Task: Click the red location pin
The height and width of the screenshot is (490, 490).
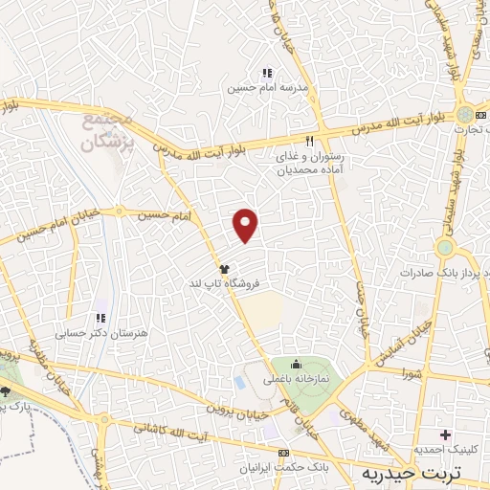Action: (x=246, y=224)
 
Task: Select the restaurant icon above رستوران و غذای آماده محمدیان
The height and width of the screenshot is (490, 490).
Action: (x=309, y=141)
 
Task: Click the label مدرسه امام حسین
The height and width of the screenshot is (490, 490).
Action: (x=254, y=88)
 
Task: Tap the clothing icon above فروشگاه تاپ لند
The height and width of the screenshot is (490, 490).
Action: (x=224, y=270)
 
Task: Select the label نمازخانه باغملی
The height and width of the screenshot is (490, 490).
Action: (x=296, y=380)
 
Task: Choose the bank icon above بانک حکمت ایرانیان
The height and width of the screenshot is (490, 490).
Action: (x=282, y=453)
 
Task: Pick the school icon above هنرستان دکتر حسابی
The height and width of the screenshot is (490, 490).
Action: (x=99, y=319)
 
